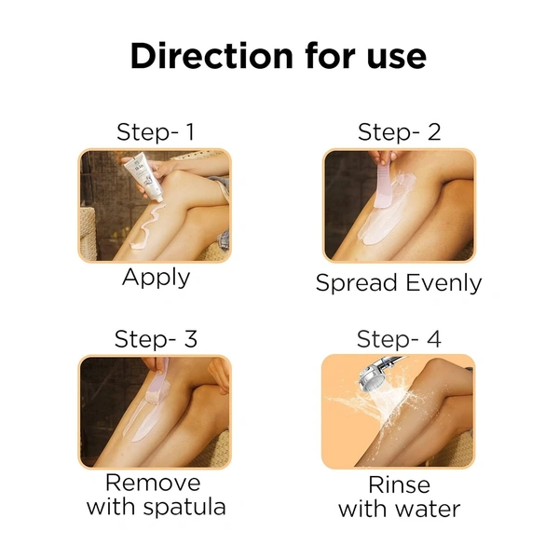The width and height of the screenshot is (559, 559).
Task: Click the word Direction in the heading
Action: (x=211, y=56)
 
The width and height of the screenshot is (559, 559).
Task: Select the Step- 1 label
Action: (x=156, y=132)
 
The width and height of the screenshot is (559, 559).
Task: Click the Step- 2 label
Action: (x=400, y=132)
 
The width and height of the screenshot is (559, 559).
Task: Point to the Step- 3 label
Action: (x=156, y=339)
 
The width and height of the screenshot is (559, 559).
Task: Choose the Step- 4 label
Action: (x=399, y=339)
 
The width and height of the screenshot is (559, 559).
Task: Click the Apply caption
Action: (x=156, y=278)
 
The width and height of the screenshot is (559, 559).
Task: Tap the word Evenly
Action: (x=443, y=284)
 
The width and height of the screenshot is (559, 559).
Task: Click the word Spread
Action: (x=357, y=284)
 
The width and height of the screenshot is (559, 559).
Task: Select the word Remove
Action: (x=153, y=483)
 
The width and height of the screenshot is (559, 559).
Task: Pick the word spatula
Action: (x=184, y=508)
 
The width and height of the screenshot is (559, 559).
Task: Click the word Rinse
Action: (x=399, y=485)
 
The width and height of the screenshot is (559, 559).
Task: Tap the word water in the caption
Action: (x=428, y=509)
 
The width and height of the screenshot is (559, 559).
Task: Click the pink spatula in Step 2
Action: (x=384, y=184)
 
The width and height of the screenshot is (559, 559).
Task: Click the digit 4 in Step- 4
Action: (x=434, y=339)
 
